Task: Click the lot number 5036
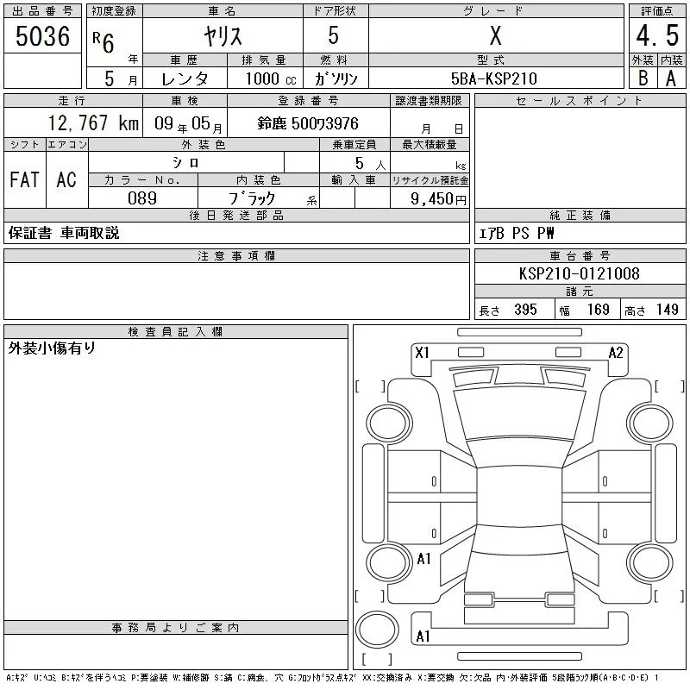(42, 35)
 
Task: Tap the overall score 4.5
(657, 35)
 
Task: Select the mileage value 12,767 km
(93, 122)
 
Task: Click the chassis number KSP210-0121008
(579, 273)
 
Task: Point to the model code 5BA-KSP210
(493, 78)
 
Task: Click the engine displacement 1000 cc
(271, 78)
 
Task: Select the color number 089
(142, 198)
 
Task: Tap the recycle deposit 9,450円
(438, 198)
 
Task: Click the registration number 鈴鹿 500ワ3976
(308, 123)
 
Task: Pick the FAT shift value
(24, 179)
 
